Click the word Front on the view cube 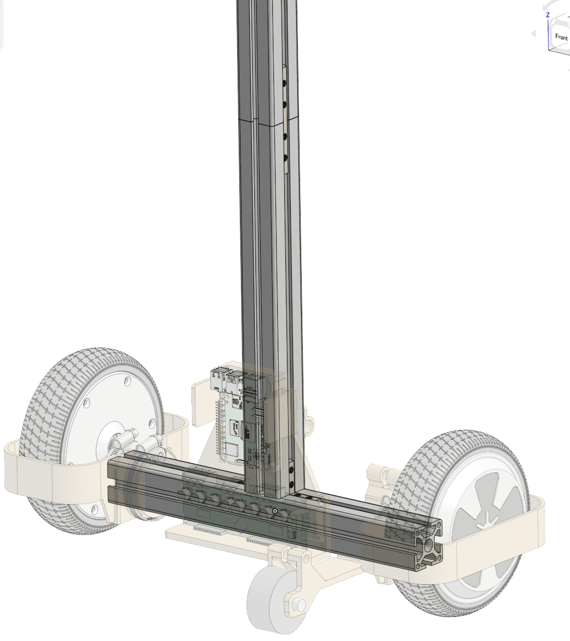[x=561, y=37]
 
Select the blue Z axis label [x=548, y=15]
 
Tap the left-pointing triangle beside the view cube [x=534, y=34]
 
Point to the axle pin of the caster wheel [x=298, y=604]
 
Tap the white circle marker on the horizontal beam [x=275, y=511]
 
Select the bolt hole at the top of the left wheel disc [x=126, y=381]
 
